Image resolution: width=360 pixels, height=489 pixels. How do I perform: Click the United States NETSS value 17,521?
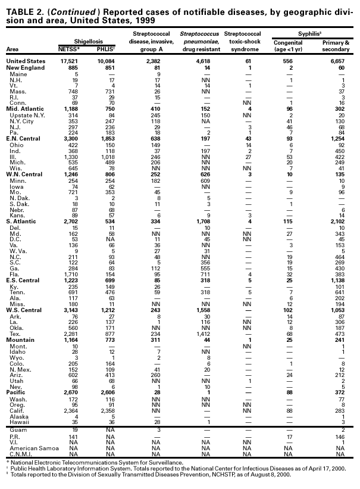pyautogui.click(x=79, y=61)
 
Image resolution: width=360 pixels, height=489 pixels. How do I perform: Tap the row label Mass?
pyautogui.click(x=17, y=92)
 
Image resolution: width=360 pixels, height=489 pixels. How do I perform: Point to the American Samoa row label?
pyautogui.click(x=29, y=441)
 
